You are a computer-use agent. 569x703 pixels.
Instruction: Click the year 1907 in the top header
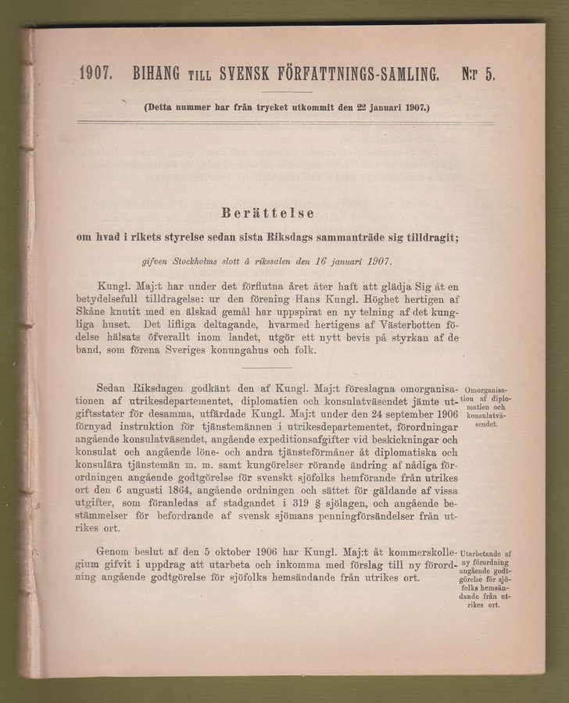[x=98, y=76]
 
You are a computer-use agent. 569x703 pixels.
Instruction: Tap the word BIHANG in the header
[x=156, y=76]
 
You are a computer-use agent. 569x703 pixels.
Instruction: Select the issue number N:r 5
[x=478, y=75]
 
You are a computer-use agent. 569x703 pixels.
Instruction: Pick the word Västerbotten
[x=399, y=323]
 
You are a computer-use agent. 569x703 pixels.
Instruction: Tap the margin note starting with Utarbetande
[x=485, y=578]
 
